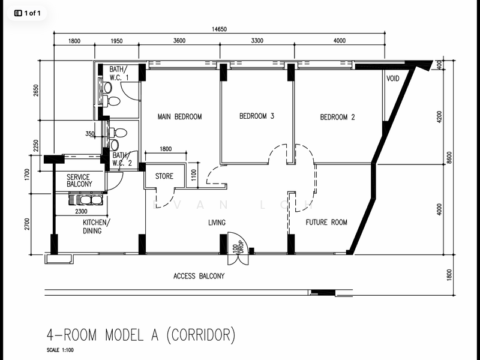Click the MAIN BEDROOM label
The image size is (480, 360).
tap(179, 116)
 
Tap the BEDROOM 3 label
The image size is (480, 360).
tap(257, 116)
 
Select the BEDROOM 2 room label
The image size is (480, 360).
tap(337, 117)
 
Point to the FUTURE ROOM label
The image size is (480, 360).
tap(326, 222)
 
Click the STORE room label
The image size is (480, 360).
tap(164, 176)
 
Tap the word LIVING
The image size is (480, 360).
tap(217, 223)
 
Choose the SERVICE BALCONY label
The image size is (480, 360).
tap(79, 181)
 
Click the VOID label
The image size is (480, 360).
tap(393, 79)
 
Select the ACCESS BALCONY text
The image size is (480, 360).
tap(199, 276)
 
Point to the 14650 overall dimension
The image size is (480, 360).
tap(219, 29)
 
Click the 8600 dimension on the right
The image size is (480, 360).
tap(449, 158)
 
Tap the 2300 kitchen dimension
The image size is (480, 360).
tap(81, 211)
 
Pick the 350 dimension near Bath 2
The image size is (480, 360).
tap(90, 133)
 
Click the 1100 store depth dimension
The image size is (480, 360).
tap(193, 175)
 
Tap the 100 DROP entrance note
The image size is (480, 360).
tap(238, 247)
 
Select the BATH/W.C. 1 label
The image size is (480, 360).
tap(119, 73)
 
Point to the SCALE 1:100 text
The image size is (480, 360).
tap(60, 350)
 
